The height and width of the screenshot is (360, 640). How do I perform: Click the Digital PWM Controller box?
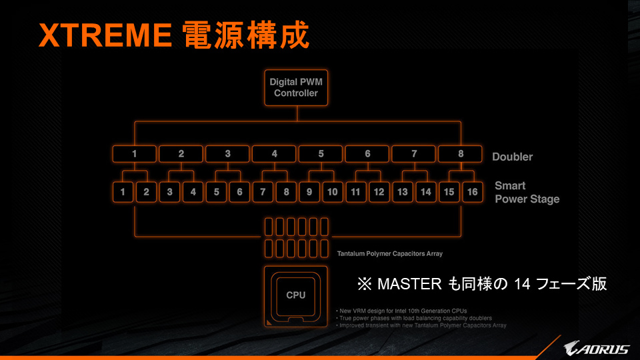(x=296, y=87)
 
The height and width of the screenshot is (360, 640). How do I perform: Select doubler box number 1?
(x=134, y=154)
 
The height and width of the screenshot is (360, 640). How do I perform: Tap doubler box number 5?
(x=321, y=154)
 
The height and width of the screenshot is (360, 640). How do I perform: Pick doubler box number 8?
(x=461, y=154)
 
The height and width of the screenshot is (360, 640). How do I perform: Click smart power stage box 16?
(x=472, y=192)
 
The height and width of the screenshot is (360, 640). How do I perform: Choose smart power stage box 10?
(x=332, y=192)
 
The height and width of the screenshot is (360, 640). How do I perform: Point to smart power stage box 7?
(x=263, y=192)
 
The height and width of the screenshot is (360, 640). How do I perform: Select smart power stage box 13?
(x=403, y=192)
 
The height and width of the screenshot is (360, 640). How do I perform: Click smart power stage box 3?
(x=169, y=192)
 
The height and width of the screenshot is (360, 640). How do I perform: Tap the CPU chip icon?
(x=296, y=296)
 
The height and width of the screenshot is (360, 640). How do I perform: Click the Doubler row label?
(x=512, y=157)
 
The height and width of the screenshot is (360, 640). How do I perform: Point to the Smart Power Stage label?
(x=527, y=192)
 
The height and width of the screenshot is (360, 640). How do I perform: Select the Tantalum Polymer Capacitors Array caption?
(x=390, y=253)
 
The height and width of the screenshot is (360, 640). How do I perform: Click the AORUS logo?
(x=596, y=348)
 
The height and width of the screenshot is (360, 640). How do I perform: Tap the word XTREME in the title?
(x=105, y=35)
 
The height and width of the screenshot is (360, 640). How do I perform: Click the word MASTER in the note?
(x=409, y=284)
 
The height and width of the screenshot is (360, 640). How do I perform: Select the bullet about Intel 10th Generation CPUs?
(x=401, y=311)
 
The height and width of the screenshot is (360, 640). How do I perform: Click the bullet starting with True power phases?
(x=414, y=318)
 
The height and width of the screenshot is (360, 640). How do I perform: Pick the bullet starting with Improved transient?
(x=421, y=325)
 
